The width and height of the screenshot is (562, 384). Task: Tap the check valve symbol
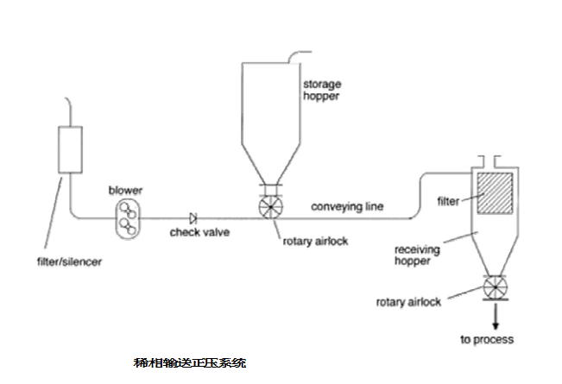coord(193,217)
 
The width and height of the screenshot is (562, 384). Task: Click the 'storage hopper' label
coord(321,91)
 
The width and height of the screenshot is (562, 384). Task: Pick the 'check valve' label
coord(193,233)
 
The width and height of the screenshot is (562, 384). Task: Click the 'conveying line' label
coord(346,207)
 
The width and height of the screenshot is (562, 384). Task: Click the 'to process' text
coord(487,339)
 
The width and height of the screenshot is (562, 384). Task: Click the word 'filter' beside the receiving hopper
coord(449,202)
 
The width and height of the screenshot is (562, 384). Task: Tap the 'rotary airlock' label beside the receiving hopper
coord(409,302)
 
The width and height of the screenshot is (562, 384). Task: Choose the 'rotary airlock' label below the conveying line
coord(315,242)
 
